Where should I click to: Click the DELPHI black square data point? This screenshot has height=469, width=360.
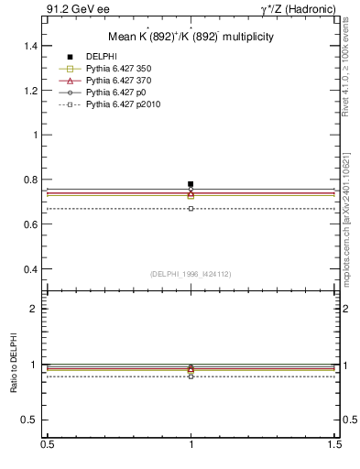point(191,184)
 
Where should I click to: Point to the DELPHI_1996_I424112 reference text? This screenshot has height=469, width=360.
point(191,273)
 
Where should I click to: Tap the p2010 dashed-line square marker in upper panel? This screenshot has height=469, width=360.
point(191,209)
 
